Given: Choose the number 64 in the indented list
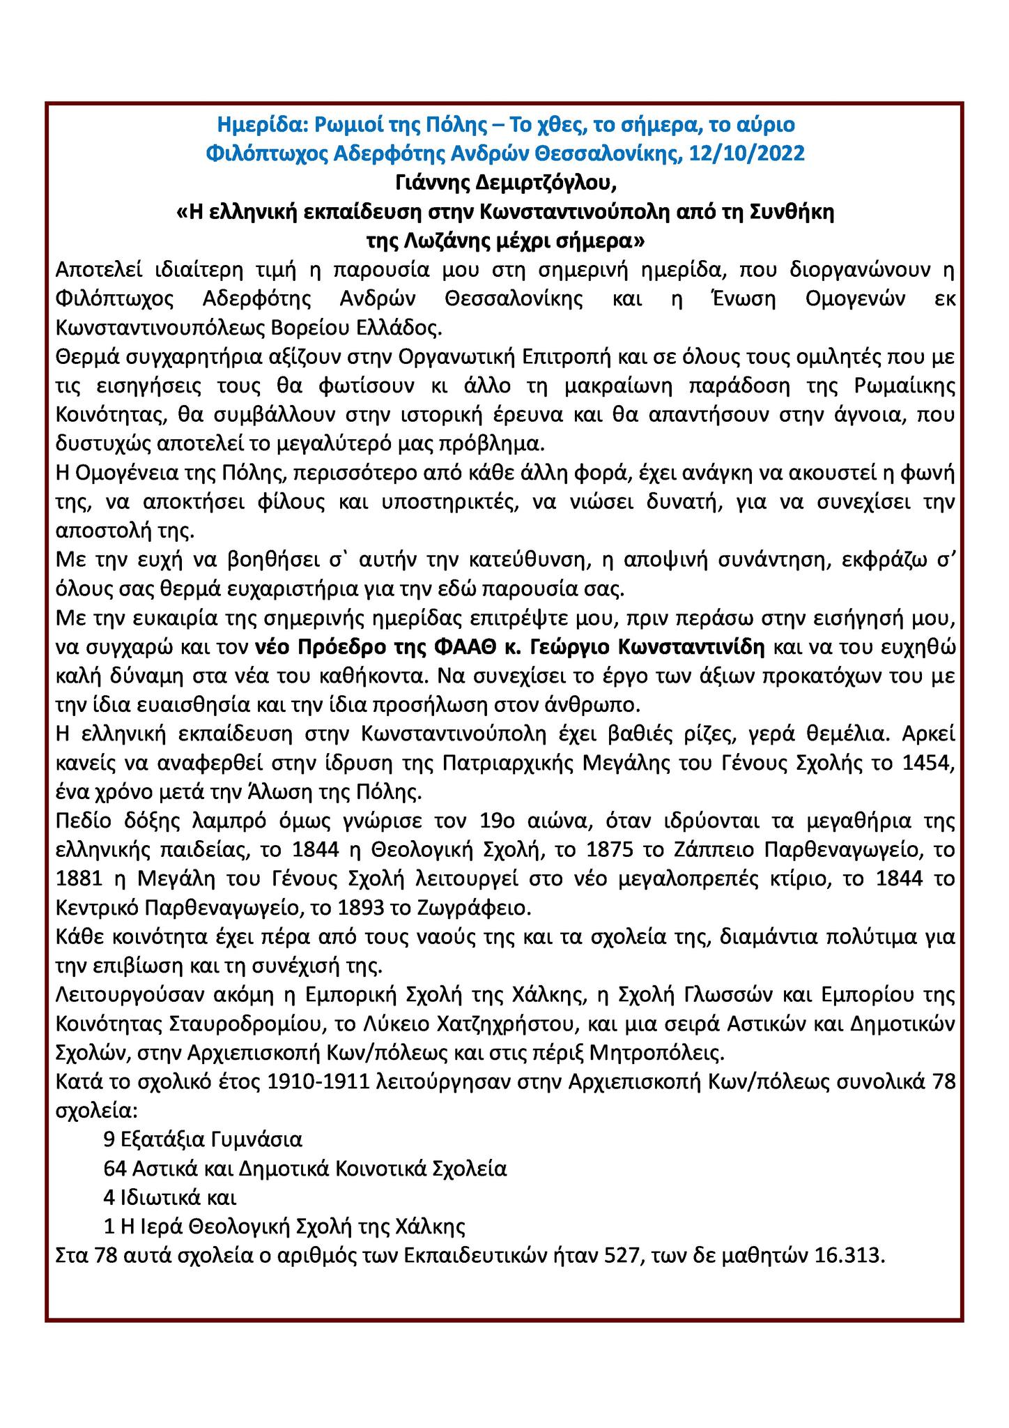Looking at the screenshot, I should pyautogui.click(x=114, y=1169).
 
